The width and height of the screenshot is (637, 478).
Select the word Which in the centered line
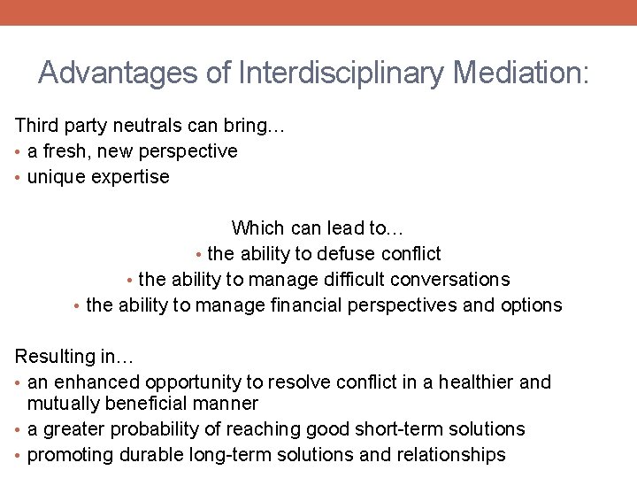256,228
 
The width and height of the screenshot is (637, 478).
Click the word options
530,305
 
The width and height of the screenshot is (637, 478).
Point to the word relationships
450,455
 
